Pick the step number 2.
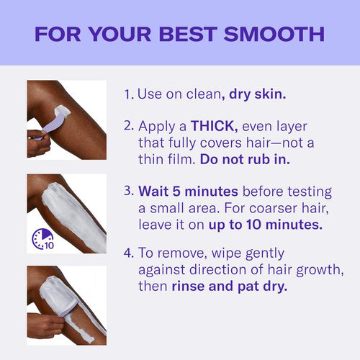click(x=128, y=125)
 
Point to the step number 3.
click(x=128, y=192)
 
